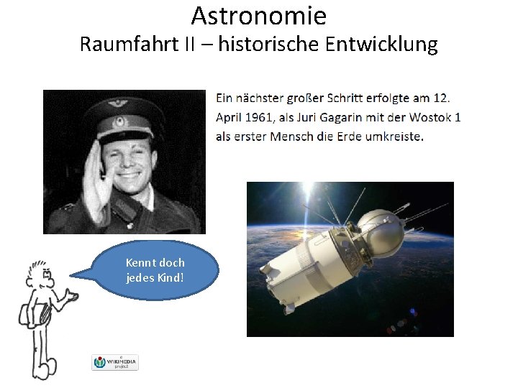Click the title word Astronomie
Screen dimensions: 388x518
click(x=258, y=15)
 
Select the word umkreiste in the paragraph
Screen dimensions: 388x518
click(x=396, y=137)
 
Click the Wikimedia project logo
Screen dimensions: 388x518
click(x=115, y=362)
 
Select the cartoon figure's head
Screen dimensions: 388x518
click(x=38, y=274)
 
